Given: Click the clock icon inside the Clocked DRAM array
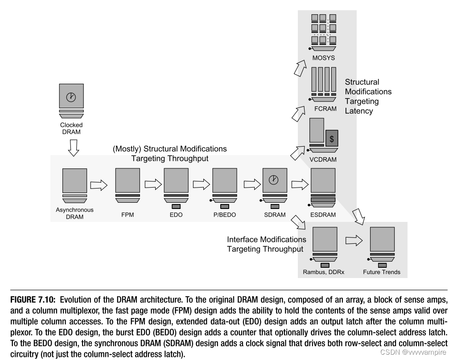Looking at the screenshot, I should tap(71, 96).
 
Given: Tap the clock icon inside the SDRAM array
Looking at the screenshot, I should tap(273, 180).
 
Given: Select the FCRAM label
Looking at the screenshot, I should tap(325, 109).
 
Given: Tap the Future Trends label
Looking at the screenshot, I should tap(382, 272).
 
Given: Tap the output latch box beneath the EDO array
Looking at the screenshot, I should tap(176, 206).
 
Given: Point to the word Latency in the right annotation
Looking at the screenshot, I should tap(358, 110).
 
